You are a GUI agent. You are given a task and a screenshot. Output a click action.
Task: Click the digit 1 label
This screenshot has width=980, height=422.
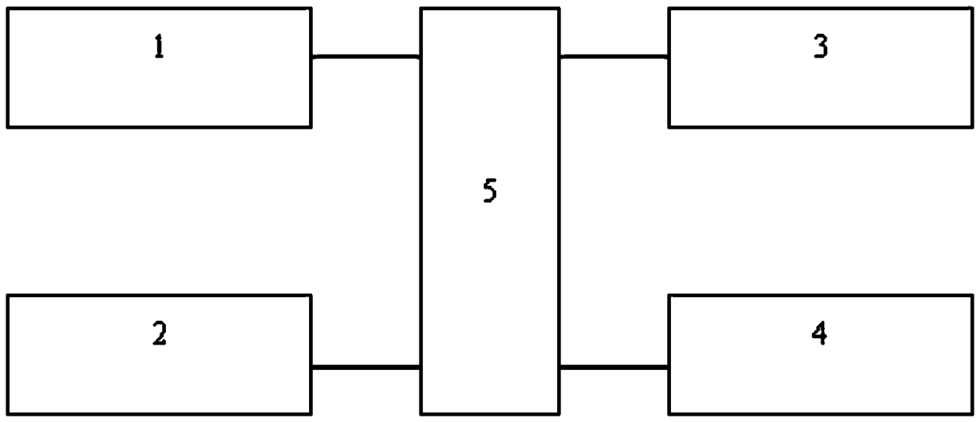point(159,49)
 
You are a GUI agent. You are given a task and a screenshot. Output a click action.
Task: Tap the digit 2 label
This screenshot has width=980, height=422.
point(159,335)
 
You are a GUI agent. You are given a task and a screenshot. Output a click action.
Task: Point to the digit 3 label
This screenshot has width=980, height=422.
point(820,48)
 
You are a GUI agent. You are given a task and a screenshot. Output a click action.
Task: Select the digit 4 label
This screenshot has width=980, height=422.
point(820,335)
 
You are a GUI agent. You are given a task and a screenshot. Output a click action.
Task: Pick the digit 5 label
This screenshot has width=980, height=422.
point(490,192)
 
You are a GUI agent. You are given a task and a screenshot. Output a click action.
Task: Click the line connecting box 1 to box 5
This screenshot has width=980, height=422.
point(365,57)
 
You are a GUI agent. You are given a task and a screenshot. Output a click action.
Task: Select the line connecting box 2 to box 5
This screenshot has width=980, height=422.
point(365,367)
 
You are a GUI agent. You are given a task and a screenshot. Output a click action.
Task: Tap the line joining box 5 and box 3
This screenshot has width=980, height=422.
point(614,57)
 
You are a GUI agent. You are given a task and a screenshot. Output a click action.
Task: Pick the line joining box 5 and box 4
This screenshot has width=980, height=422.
point(614,367)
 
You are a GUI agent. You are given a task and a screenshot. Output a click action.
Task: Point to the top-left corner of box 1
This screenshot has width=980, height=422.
point(8,9)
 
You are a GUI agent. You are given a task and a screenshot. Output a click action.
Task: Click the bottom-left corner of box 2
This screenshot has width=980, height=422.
point(8,413)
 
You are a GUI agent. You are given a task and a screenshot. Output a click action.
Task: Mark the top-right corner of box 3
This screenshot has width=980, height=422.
point(972,9)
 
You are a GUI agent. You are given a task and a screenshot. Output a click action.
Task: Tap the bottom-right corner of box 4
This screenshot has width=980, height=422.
point(972,413)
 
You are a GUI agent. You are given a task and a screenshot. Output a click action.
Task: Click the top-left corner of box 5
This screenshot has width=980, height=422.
point(420,9)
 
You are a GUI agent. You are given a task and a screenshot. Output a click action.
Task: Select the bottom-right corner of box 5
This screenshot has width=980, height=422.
point(560,413)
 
